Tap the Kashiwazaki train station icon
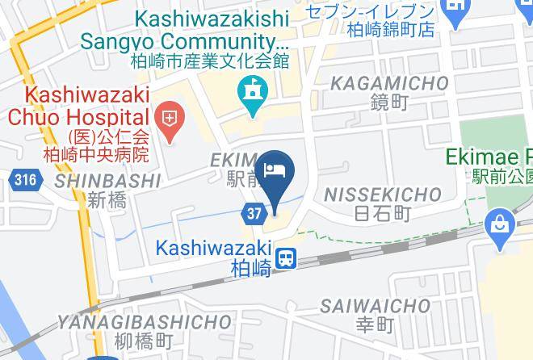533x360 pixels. coord(285,258)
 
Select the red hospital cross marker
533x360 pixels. coord(170,122)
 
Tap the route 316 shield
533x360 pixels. coord(25,179)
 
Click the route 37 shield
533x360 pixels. coord(253,213)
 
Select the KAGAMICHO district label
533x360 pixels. coord(390,83)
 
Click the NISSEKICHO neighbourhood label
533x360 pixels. coord(382,195)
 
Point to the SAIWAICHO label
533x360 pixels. coord(375,306)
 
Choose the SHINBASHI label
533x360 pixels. coord(109,181)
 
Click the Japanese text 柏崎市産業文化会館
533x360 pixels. coord(211,60)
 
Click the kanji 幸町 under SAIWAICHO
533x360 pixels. coord(375,325)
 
